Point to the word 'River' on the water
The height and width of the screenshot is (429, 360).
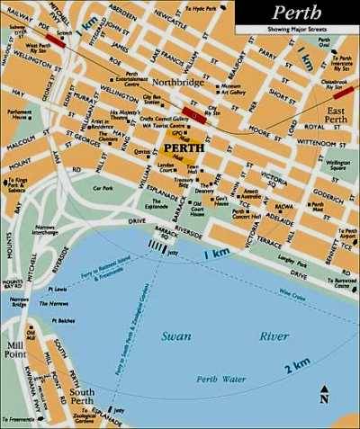point(274,335)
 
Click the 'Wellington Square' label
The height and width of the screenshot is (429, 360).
point(337,163)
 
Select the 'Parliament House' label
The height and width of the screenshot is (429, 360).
point(21,114)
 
